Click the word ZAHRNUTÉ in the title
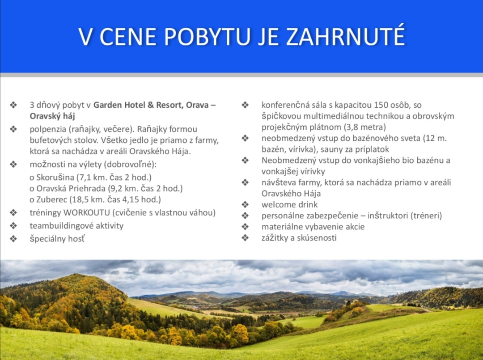[345, 36]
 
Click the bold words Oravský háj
[52, 116]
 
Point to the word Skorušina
[55, 178]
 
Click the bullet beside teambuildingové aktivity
[13, 226]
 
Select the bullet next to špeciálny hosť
[13, 239]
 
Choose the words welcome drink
[289, 204]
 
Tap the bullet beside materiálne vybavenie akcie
[245, 227]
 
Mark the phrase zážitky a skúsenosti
[299, 238]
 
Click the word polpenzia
[48, 129]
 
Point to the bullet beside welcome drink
[245, 204]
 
